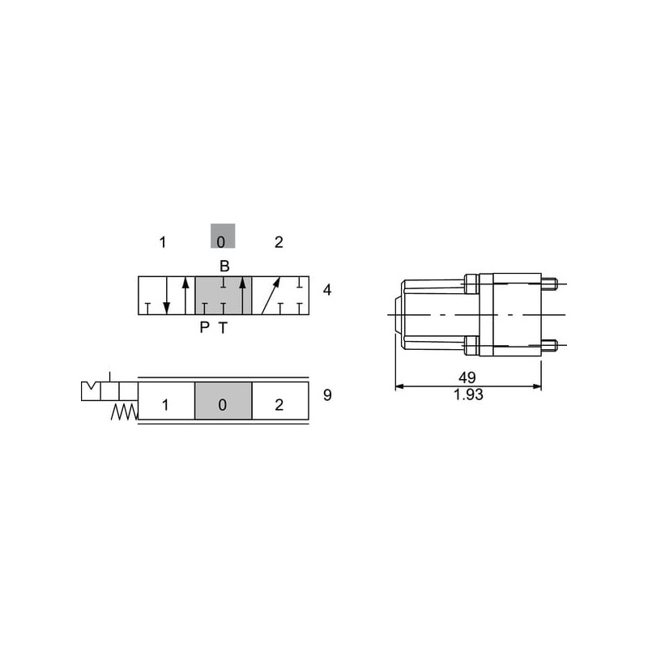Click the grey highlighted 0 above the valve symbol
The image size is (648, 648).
[x=223, y=236]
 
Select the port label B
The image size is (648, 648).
[x=224, y=266]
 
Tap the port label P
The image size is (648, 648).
[x=204, y=327]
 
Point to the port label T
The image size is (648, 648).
[x=224, y=328]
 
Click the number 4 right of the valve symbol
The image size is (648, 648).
[x=327, y=290]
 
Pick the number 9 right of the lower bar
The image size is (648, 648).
[x=327, y=395]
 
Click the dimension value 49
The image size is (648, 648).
[x=467, y=377]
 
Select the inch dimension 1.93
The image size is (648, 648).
[x=468, y=394]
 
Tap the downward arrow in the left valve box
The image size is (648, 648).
[x=167, y=296]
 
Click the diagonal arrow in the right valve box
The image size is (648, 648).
[x=271, y=296]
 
